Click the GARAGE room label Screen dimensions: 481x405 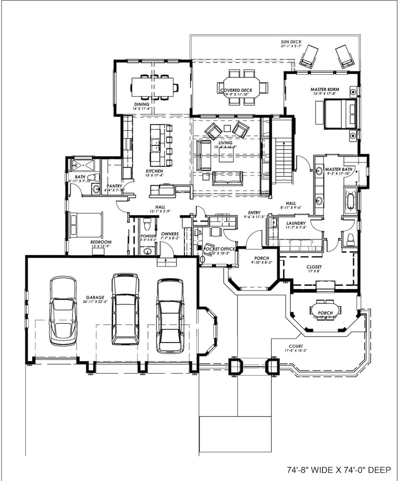[x=95, y=297]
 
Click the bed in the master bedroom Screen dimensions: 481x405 [x=340, y=114]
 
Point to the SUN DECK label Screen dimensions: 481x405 [x=291, y=42]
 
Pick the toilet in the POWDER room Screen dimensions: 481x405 [x=147, y=225]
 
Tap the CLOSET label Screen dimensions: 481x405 [x=314, y=267]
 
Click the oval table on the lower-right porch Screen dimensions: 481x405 [x=325, y=310]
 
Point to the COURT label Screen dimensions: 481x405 [x=296, y=346]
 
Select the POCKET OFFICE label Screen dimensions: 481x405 [x=219, y=249]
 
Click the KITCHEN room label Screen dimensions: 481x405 [x=154, y=171]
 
